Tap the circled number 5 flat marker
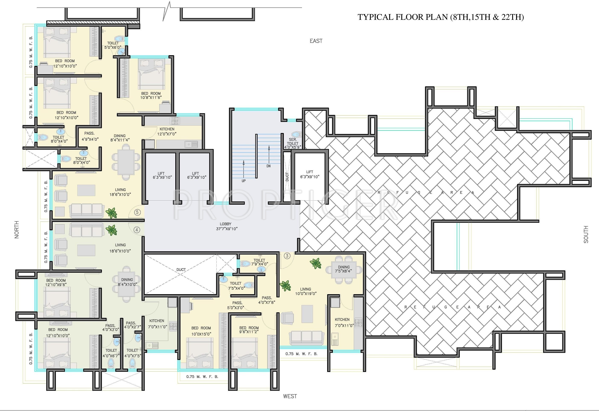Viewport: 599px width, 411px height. tap(137, 212)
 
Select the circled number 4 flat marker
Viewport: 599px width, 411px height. tap(137, 230)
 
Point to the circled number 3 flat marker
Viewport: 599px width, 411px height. tap(287, 256)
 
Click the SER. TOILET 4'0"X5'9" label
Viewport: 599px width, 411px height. tap(293, 143)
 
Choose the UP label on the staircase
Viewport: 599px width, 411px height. tap(244, 181)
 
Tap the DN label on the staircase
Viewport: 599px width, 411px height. tap(268, 166)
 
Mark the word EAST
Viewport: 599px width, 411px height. tap(316, 41)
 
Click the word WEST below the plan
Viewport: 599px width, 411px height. tap(290, 396)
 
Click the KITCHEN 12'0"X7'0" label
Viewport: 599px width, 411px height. tap(167, 131)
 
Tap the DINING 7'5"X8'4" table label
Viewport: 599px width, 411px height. tap(344, 269)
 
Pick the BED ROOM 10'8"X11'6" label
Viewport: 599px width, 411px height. tap(151, 96)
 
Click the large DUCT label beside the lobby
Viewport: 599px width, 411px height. tap(181, 269)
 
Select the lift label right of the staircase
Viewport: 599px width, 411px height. tap(310, 174)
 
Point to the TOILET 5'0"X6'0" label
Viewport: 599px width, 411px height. tap(113, 45)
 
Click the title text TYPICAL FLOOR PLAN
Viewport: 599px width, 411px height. tap(403, 17)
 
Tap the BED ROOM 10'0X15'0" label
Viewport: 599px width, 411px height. tap(201, 331)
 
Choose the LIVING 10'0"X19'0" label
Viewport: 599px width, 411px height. tap(306, 291)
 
